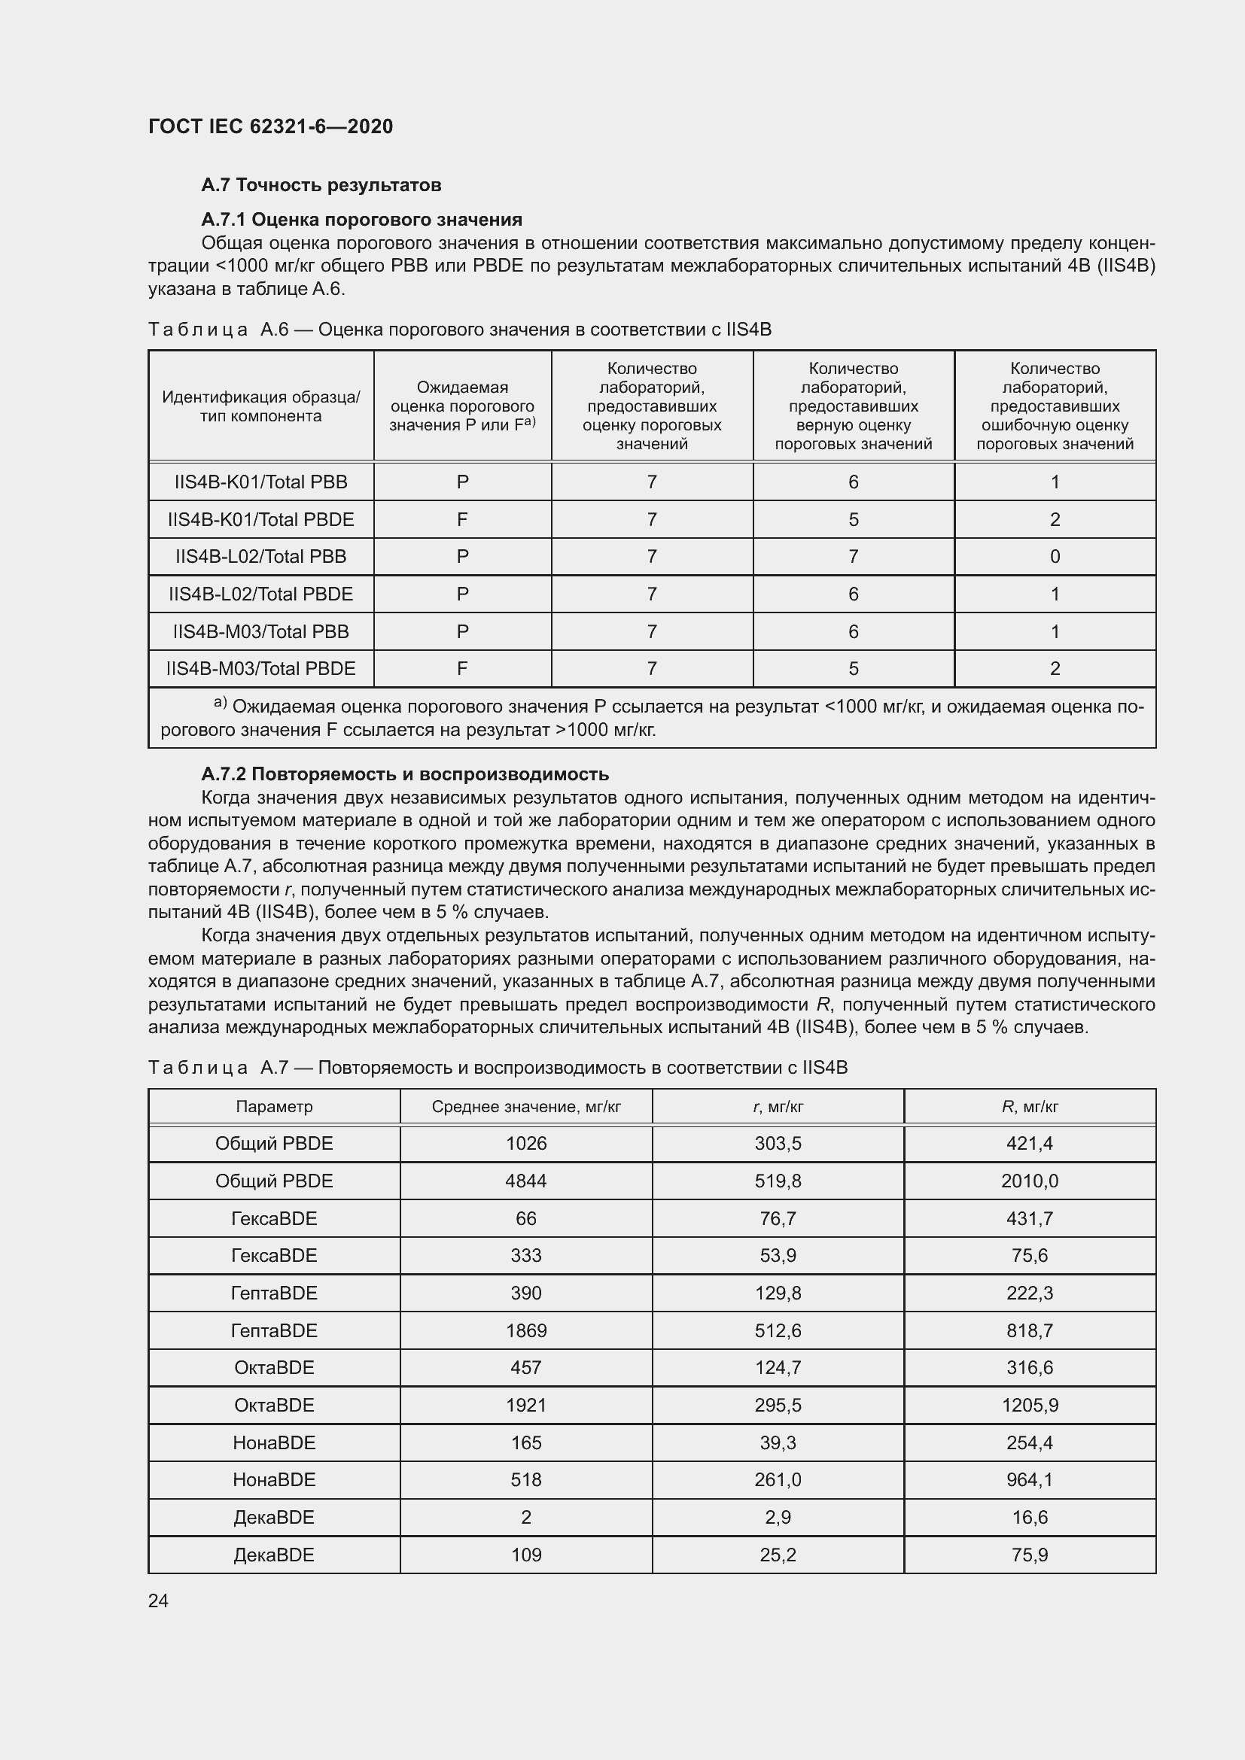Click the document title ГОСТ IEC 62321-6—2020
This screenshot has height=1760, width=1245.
[270, 126]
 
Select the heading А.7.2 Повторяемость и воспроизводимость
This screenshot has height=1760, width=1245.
[405, 774]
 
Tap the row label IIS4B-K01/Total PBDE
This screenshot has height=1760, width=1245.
[260, 520]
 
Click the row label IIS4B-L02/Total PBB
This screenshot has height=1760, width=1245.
[260, 557]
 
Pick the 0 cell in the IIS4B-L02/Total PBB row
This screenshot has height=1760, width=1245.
[1054, 557]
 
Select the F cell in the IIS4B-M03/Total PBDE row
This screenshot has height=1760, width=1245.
[462, 668]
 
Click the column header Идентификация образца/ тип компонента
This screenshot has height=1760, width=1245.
[260, 406]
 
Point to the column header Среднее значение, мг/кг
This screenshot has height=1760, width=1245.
[526, 1106]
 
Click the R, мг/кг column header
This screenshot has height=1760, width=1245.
[1029, 1106]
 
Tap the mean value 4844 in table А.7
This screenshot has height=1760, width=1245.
[526, 1181]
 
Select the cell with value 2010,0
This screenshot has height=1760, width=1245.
[1029, 1181]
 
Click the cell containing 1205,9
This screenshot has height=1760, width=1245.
[1029, 1405]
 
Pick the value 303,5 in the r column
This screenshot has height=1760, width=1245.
[778, 1143]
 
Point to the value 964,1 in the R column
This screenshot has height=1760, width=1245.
[1029, 1479]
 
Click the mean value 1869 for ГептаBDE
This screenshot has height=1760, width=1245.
[526, 1330]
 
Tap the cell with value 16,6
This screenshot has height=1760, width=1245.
[1029, 1517]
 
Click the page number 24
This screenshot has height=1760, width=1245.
[158, 1600]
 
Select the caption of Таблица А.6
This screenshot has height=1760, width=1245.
[459, 330]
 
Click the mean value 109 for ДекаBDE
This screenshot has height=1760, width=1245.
[526, 1555]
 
